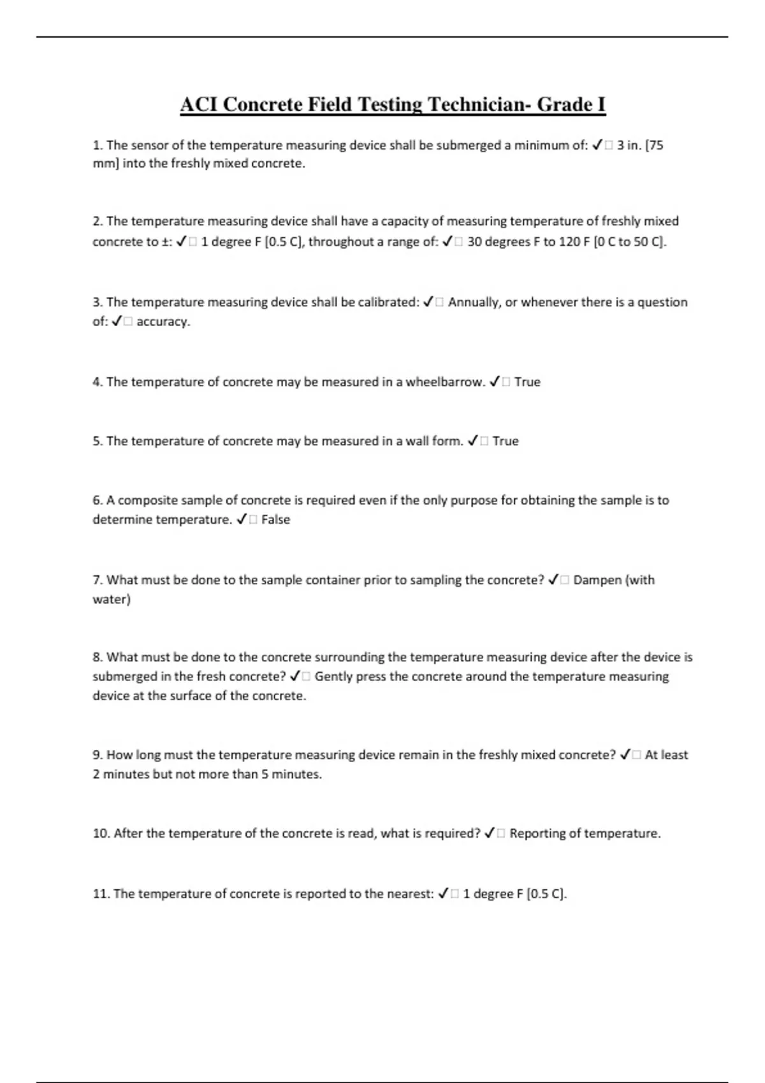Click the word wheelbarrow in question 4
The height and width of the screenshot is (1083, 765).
pos(446,382)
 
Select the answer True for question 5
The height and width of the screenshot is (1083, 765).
pos(506,441)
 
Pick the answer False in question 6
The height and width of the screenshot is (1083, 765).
pos(275,520)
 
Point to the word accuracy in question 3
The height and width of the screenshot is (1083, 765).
pos(163,322)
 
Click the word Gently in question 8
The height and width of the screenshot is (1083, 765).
pos(333,677)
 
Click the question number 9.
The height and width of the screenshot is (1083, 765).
pos(98,755)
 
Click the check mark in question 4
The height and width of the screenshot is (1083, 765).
pos(495,382)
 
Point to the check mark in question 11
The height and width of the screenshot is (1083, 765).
pos(444,894)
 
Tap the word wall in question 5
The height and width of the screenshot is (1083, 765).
pos(418,441)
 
